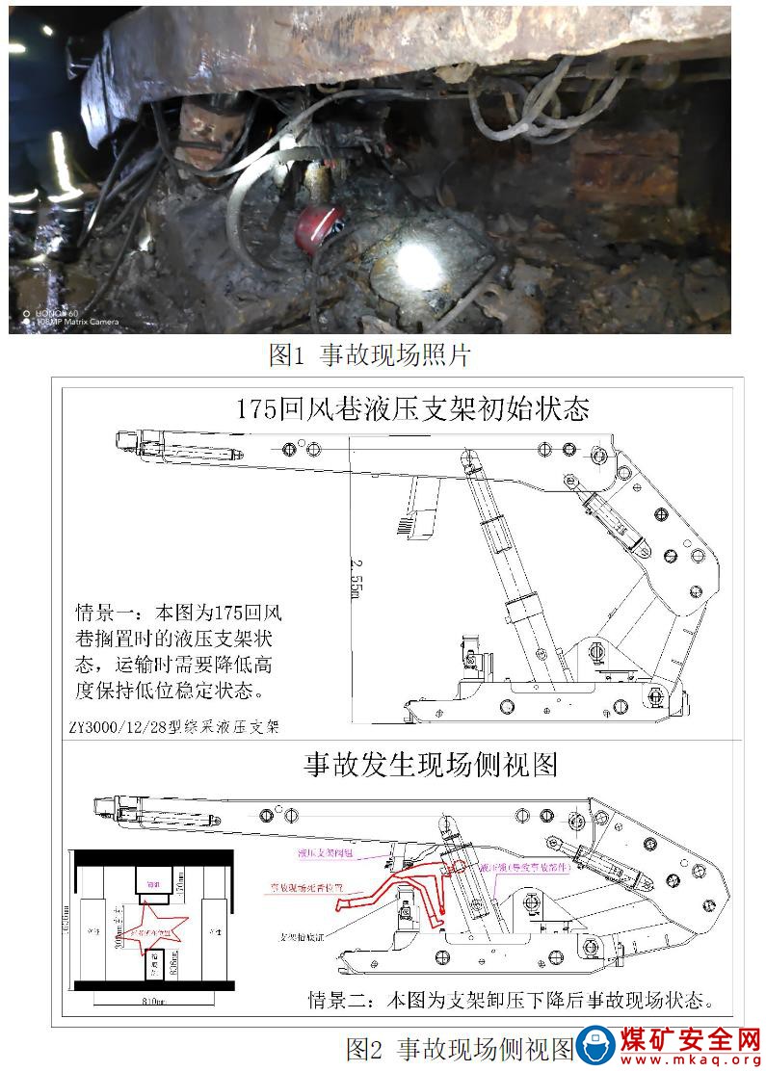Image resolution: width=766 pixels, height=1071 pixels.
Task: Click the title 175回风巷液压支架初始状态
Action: coord(412,408)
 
